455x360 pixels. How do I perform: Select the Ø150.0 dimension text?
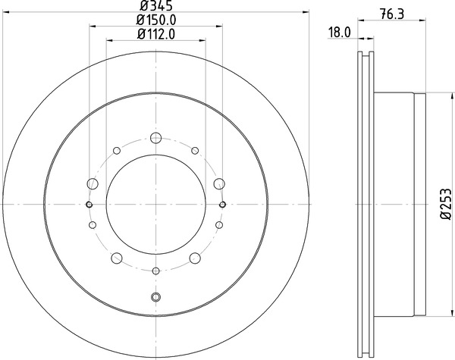156,22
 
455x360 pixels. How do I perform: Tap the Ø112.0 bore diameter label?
156,35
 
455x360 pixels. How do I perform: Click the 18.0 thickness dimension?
338,33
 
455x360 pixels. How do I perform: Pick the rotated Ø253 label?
445,205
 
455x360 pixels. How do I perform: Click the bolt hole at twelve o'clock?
156,138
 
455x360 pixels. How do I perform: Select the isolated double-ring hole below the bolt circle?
156,296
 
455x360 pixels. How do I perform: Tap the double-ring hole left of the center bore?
89,205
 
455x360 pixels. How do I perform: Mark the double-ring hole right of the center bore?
223,205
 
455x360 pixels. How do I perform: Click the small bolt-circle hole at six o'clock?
156,271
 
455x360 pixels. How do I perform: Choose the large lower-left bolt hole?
117,258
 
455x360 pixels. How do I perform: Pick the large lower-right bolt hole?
196,258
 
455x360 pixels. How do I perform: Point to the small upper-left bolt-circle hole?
117,150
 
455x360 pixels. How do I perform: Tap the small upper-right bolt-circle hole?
196,150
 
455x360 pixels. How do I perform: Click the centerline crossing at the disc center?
156,205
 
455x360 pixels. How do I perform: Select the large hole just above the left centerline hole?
93,183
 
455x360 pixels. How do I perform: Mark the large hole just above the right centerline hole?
220,183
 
